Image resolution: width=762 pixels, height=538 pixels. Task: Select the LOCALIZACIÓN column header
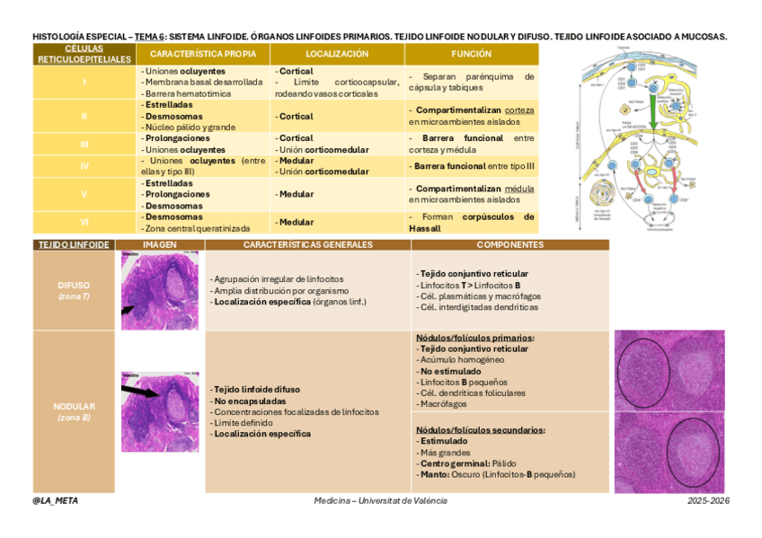click(337, 54)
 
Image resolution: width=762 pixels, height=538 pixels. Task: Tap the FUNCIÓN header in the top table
click(471, 54)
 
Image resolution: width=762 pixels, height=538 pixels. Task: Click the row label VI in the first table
click(84, 222)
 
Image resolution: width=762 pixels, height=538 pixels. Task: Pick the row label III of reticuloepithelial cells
click(84, 144)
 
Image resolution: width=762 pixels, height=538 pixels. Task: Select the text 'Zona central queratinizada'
click(198, 228)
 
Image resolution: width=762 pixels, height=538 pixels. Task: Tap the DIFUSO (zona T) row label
click(74, 290)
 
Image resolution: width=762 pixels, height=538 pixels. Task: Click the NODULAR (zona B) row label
click(74, 410)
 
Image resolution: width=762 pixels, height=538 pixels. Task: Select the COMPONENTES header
click(509, 244)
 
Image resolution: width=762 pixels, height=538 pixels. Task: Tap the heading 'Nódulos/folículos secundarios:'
click(480, 429)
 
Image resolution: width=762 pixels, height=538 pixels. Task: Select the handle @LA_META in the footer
click(55, 500)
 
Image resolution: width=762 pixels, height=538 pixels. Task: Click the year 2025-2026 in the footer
click(705, 500)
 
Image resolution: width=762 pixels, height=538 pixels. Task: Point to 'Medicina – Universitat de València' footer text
click(380, 500)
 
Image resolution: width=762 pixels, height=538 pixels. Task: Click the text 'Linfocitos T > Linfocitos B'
click(470, 285)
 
